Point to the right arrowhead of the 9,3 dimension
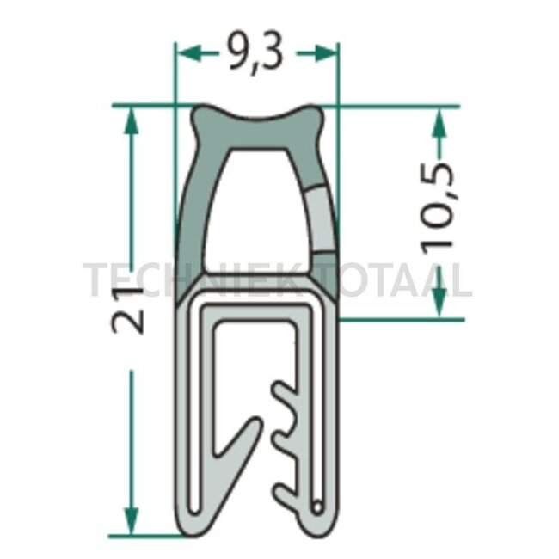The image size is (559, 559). coord(326,53)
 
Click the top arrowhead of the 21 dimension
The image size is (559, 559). coord(131,121)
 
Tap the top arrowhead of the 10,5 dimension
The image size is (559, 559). coord(439,121)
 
